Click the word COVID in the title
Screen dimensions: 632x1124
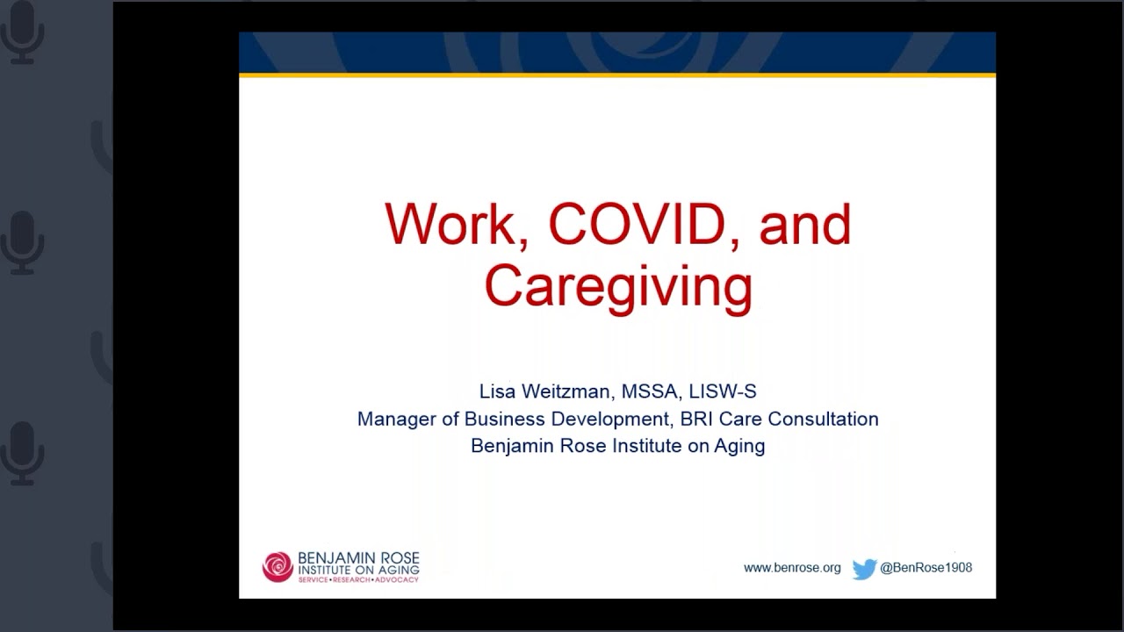coord(637,225)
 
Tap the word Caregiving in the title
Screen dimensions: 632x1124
coord(618,286)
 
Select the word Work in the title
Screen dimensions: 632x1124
coord(450,225)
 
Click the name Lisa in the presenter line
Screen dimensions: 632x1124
coord(498,391)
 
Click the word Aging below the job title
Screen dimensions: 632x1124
coord(739,446)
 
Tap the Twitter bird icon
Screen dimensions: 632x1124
coord(864,569)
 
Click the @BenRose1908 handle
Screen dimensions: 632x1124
coord(926,568)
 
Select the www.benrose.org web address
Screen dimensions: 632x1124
coord(792,568)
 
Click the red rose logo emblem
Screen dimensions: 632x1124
coord(277,567)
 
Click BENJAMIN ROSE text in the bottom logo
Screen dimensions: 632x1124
coord(358,558)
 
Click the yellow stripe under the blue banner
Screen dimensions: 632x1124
coord(617,75)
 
